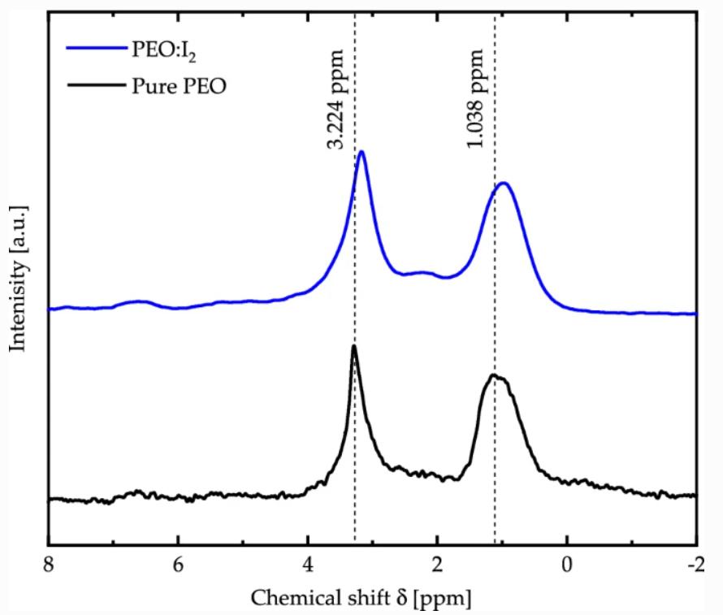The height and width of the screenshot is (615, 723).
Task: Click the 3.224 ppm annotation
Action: (336, 98)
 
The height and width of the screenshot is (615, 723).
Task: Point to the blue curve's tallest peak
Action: (361, 152)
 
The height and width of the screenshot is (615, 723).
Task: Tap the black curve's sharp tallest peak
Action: (353, 347)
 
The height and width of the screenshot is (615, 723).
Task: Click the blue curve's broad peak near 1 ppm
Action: (504, 184)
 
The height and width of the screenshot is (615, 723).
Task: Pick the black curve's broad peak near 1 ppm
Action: (494, 376)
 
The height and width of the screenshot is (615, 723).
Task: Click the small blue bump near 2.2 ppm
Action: (422, 272)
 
